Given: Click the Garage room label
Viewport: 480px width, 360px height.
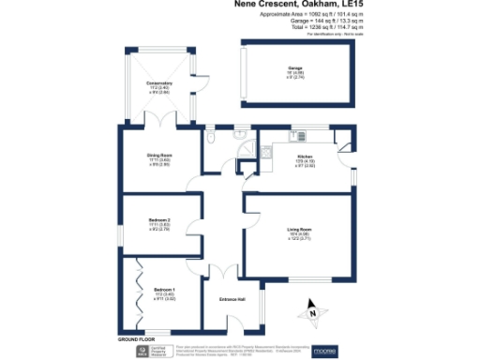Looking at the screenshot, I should pos(295,68).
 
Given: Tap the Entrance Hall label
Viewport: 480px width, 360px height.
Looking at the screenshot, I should pos(232,298).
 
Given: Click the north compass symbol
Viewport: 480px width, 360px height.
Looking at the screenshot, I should pos(313,308).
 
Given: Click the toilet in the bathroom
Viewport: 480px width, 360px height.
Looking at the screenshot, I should pos(215,139).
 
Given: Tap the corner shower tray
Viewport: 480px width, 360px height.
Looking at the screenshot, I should pos(247,151).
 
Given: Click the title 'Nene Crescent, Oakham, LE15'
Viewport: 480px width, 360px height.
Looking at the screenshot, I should pos(292,6).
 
